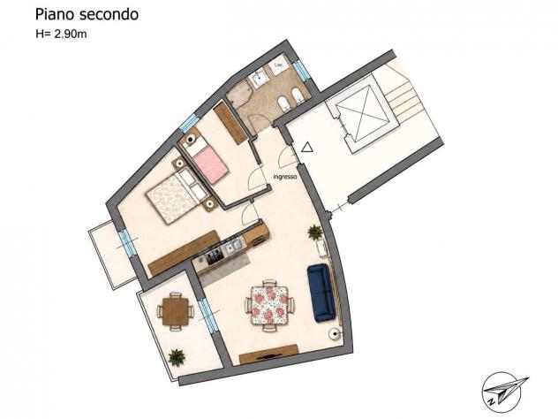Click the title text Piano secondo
pos(87,15)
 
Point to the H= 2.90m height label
pos(61,34)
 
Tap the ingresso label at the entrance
pos(285,177)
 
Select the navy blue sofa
pos(321,293)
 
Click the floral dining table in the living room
pos(269,305)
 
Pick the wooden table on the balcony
pos(176,312)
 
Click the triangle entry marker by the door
pos(307,147)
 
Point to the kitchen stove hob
pos(215,256)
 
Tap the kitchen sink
pos(233,246)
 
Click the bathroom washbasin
pos(259,78)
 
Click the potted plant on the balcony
pos(177,357)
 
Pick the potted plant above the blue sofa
pos(315,232)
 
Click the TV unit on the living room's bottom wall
pos(268,354)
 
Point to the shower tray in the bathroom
pos(240,93)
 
